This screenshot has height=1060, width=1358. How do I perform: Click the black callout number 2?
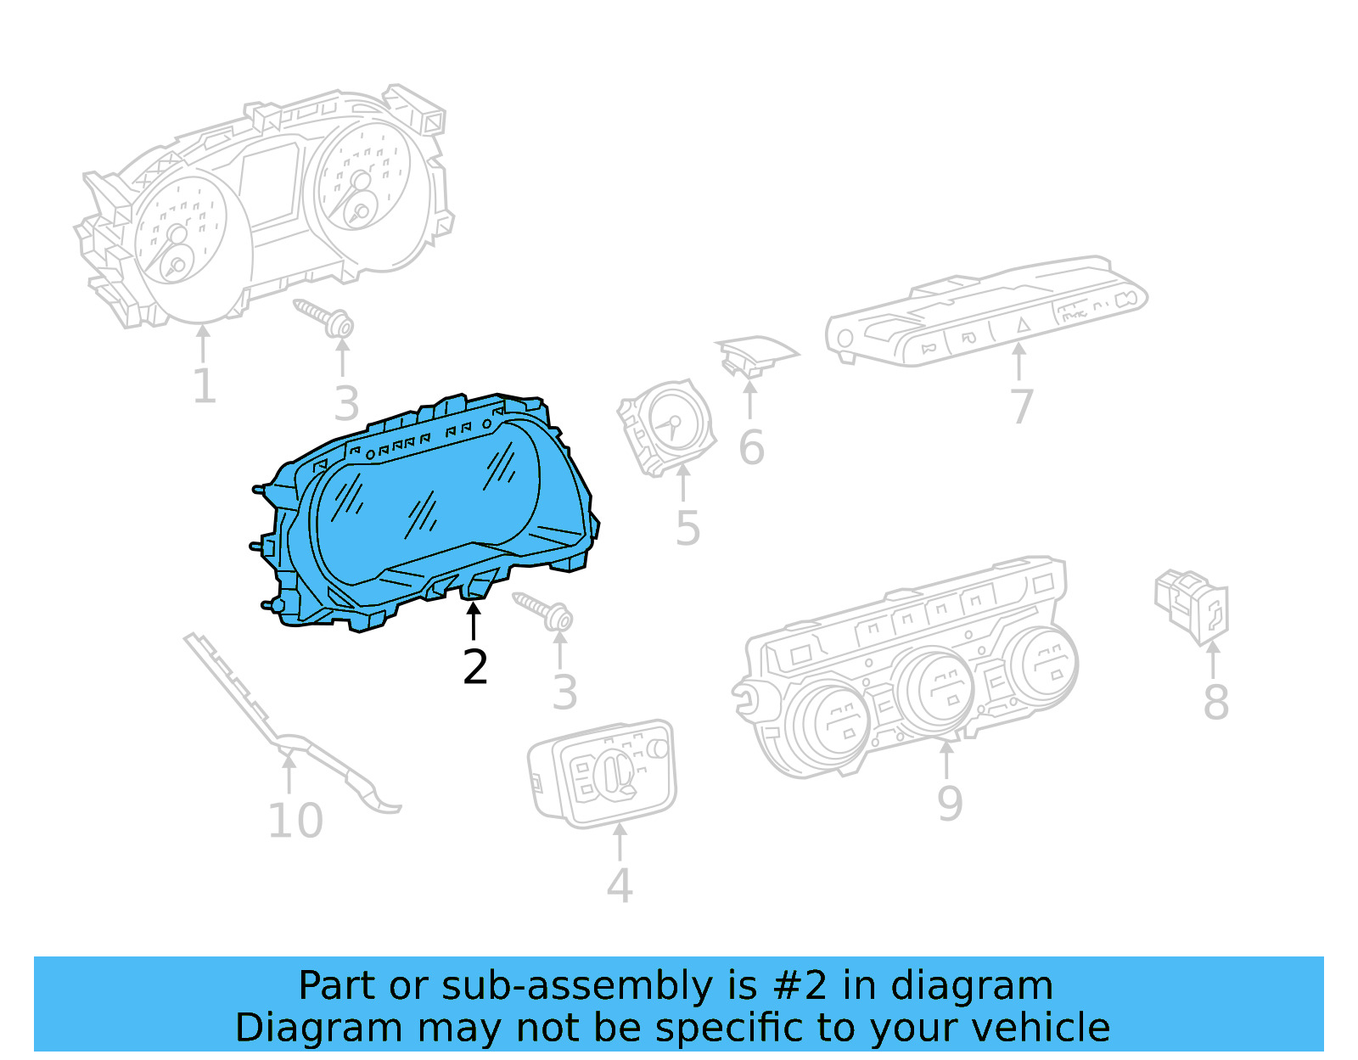click(x=475, y=666)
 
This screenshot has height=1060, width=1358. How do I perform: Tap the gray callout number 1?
click(x=205, y=385)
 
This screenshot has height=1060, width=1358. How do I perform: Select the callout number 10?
click(x=295, y=821)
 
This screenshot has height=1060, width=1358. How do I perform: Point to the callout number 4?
click(x=620, y=885)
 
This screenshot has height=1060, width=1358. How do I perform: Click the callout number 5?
click(x=687, y=528)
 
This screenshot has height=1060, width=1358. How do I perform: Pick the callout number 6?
click(x=751, y=448)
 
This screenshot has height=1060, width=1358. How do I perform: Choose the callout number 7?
click(x=1021, y=407)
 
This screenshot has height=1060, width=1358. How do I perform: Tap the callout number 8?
click(x=1216, y=702)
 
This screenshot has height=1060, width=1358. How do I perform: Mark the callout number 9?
click(x=949, y=804)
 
